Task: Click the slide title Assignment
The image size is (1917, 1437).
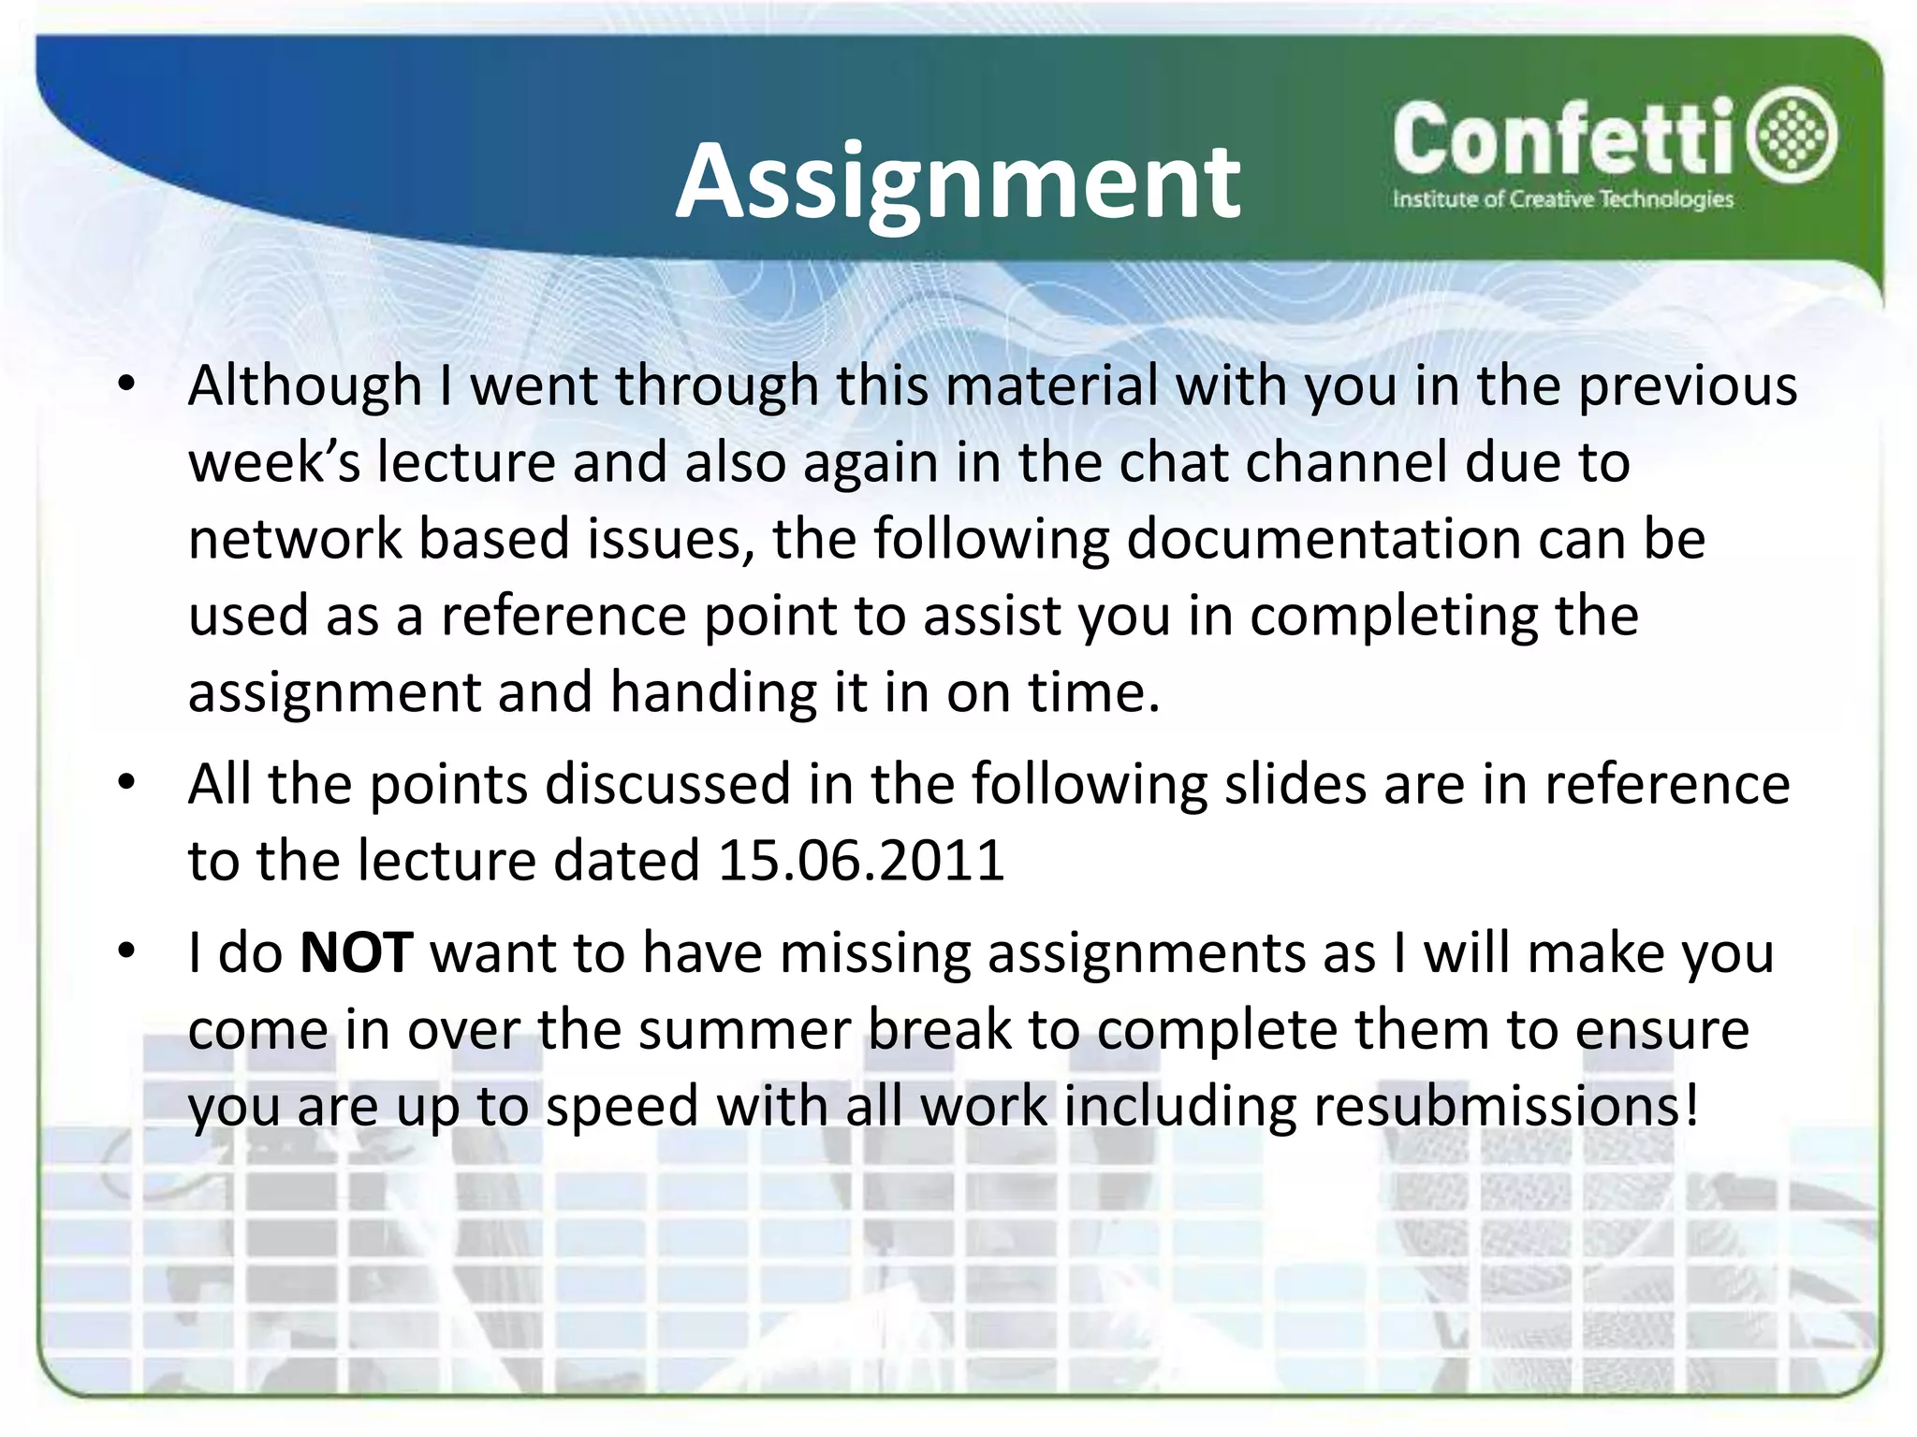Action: coord(957,181)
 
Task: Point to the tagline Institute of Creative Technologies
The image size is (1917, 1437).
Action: coord(1562,199)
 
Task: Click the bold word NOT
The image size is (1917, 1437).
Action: coord(356,952)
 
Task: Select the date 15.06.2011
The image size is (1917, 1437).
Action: coord(860,861)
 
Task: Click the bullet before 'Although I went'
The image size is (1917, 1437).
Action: coord(127,384)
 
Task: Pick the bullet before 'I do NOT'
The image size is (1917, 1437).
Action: coord(127,951)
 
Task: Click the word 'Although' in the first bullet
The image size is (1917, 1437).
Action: coord(305,385)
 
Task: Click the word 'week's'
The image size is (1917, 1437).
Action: coord(273,462)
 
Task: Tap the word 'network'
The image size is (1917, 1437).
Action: coord(294,539)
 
